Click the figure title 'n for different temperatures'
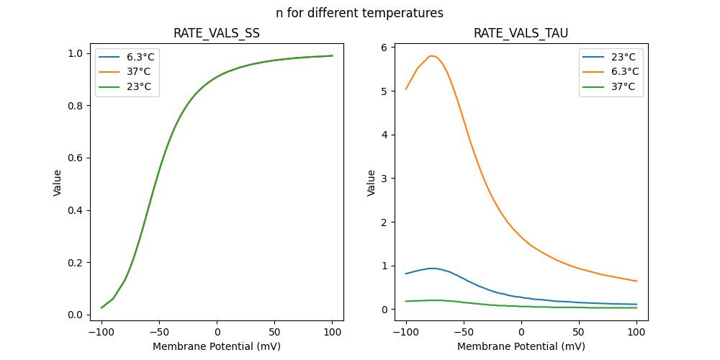point(359,13)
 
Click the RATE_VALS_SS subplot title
point(217,34)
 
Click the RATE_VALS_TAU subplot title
point(521,34)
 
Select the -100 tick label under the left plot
point(101,332)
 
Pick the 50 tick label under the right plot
point(579,332)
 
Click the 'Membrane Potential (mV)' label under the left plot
point(217,346)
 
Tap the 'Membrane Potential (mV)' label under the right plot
point(521,346)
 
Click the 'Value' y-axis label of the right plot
point(372,183)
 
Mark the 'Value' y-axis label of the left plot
point(58,183)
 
